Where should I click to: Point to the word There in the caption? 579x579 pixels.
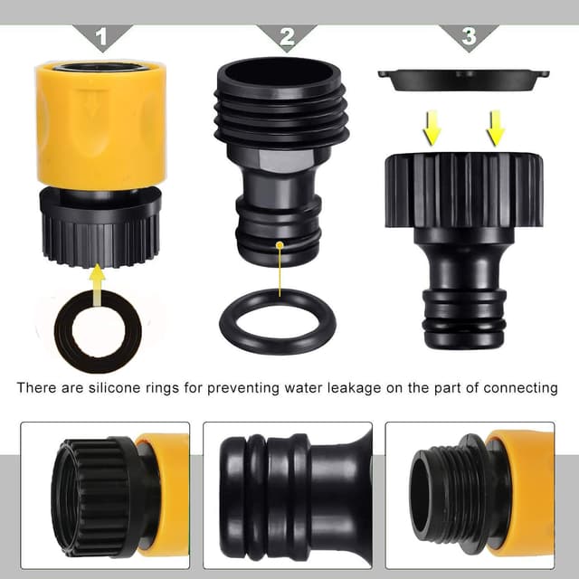coord(37,388)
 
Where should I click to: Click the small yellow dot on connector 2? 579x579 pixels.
coord(280,244)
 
